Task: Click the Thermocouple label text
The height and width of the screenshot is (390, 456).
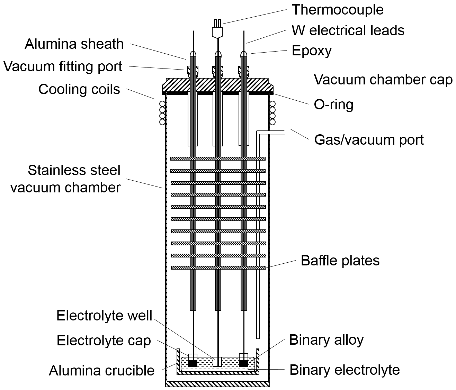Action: pyautogui.click(x=338, y=10)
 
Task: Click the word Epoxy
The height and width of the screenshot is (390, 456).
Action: pyautogui.click(x=312, y=51)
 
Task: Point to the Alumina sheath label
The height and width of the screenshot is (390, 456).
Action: pyautogui.click(x=74, y=44)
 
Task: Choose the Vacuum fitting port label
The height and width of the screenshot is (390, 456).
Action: pyautogui.click(x=63, y=66)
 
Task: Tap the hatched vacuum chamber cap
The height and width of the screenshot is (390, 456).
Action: pyautogui.click(x=218, y=85)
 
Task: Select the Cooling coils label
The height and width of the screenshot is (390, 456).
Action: pyautogui.click(x=79, y=89)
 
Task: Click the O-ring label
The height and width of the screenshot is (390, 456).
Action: pyautogui.click(x=333, y=105)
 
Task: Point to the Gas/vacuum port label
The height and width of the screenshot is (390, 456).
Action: pyautogui.click(x=369, y=140)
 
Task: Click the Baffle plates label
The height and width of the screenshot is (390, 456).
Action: pyautogui.click(x=340, y=261)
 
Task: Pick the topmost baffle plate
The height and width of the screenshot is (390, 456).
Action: pyautogui.click(x=218, y=158)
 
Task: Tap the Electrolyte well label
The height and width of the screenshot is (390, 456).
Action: pyautogui.click(x=104, y=316)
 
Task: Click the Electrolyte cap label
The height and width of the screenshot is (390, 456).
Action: pyautogui.click(x=104, y=341)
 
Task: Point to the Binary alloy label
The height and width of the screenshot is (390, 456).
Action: pyautogui.click(x=326, y=340)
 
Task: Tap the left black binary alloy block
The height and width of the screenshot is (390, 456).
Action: pyautogui.click(x=193, y=364)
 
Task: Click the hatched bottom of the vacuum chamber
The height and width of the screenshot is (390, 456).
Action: pyautogui.click(x=217, y=384)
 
